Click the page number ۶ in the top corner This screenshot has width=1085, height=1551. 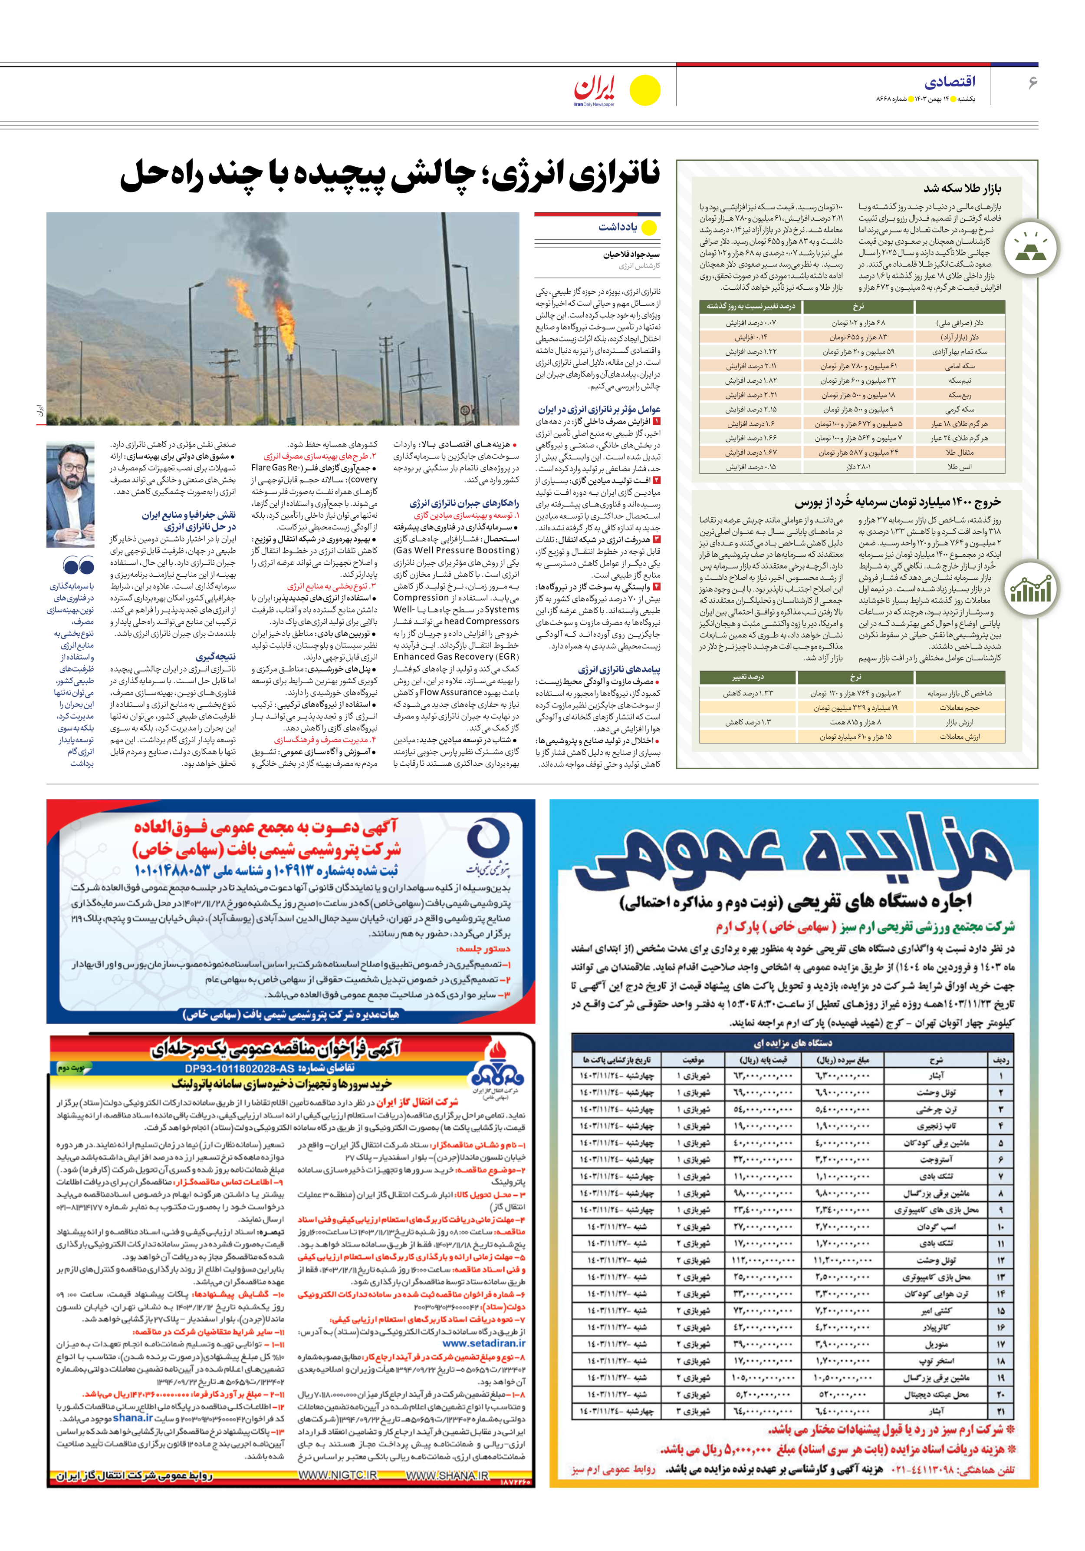[1032, 83]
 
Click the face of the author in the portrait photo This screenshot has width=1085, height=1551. [70, 468]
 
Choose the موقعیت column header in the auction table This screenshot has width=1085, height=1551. [693, 1059]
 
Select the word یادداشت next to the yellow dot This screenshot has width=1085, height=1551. [617, 227]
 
